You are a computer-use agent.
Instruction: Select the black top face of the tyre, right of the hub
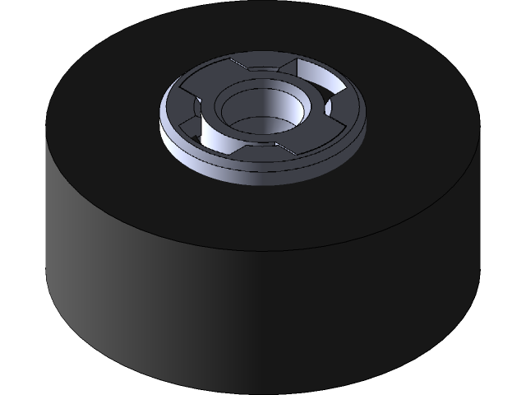click(411, 123)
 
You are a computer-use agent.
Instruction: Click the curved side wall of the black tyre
click(263, 321)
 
